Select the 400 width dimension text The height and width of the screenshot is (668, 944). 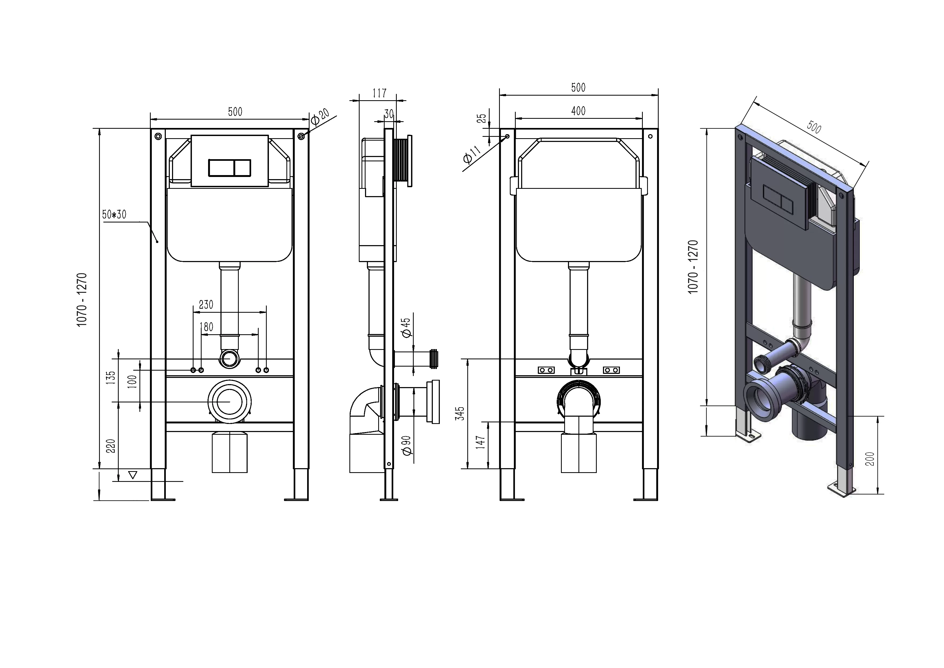point(578,111)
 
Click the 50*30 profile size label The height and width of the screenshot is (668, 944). point(114,215)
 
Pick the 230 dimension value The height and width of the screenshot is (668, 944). point(206,305)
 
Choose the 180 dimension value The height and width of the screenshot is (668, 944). point(206,327)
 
